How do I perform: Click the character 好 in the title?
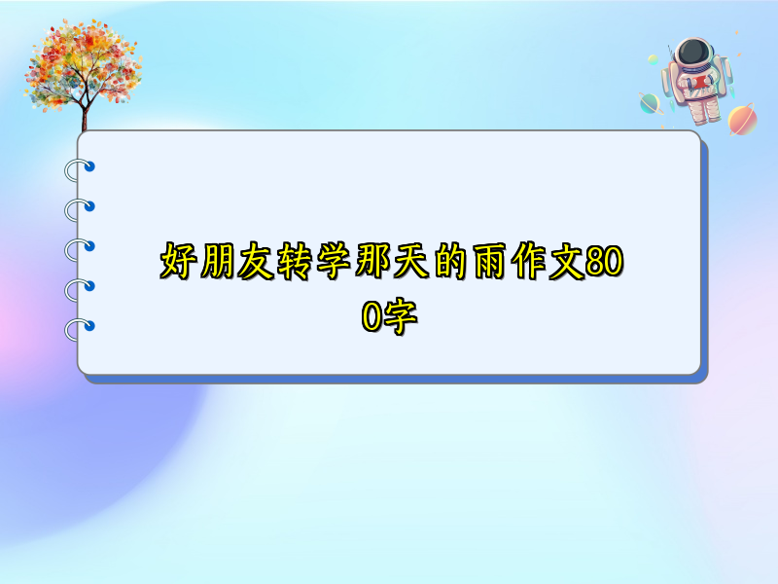pos(178,261)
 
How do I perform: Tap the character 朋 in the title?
pos(217,261)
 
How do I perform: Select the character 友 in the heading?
pos(256,261)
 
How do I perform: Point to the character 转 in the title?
pos(296,261)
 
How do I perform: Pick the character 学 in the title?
pos(335,261)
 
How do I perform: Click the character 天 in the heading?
pos(412,261)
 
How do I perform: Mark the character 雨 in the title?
pos(491,261)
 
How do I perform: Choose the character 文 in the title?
pos(567,261)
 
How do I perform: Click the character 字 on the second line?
pos(400,316)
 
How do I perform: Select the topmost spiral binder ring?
pos(80,169)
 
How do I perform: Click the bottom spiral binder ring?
pos(80,329)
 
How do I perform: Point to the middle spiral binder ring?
pos(80,250)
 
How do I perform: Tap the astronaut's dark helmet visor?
pos(693,53)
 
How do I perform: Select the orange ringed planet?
pos(742,119)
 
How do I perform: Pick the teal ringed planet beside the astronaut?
pos(650,103)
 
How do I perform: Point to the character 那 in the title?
pos(373,261)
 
